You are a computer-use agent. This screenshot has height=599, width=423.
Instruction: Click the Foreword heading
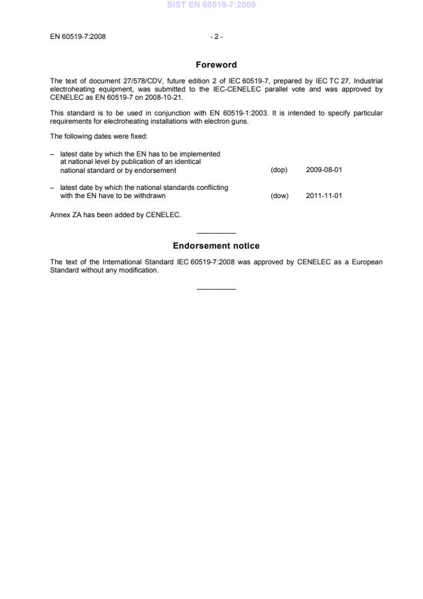[216, 65]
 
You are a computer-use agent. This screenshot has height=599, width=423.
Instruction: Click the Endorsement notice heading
[216, 246]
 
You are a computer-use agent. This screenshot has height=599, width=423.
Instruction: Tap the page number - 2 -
[216, 36]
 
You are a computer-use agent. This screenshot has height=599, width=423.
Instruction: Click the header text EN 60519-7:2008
[78, 36]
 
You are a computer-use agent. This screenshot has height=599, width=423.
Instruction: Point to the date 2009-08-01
[324, 169]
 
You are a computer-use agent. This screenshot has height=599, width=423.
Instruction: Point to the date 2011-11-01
[324, 196]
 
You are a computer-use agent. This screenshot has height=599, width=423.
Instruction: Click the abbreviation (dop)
[279, 169]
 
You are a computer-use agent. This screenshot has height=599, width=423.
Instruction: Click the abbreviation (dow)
[279, 196]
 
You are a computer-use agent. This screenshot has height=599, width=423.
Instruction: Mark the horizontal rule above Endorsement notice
[216, 234]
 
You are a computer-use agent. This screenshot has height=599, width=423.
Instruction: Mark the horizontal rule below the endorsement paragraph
[216, 288]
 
